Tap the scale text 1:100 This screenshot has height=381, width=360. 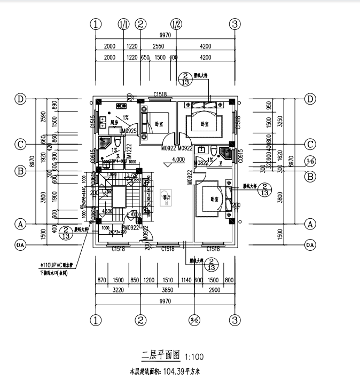click(194, 357)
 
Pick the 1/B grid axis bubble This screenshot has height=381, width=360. click(310, 161)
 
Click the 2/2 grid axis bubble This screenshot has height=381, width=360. click(193, 321)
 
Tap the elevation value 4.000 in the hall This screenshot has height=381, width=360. click(178, 159)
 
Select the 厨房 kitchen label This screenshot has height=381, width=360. click(114, 122)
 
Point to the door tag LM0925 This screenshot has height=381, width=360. click(128, 131)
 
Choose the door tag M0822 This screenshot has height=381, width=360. click(201, 163)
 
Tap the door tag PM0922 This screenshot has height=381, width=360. click(131, 228)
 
